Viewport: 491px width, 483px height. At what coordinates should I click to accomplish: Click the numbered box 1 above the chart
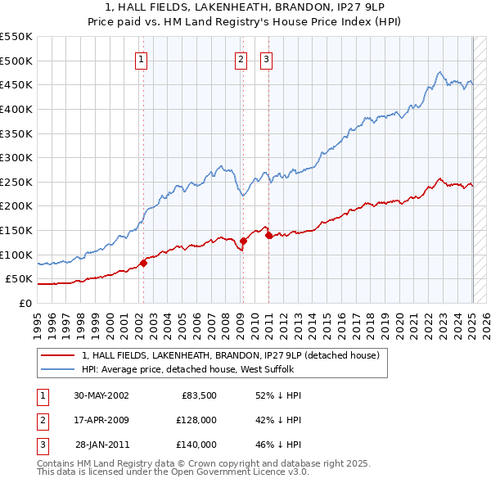[x=142, y=58]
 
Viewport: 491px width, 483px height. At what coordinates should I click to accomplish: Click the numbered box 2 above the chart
[x=241, y=58]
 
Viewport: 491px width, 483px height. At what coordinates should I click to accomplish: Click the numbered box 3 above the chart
[x=267, y=58]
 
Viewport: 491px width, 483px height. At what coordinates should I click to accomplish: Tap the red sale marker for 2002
[x=143, y=263]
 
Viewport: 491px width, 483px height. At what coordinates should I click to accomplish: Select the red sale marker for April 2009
[x=244, y=241]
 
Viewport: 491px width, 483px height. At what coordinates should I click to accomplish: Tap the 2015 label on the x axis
[x=325, y=321]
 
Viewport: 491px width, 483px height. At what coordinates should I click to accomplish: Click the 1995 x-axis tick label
[x=37, y=321]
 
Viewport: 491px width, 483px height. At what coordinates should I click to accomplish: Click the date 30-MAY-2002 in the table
[x=101, y=395]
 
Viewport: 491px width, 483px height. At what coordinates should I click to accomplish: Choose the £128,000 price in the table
[x=196, y=420]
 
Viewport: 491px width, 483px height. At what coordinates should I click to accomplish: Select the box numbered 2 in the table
[x=42, y=420]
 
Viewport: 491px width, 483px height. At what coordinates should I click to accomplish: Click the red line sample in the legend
[x=57, y=356]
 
